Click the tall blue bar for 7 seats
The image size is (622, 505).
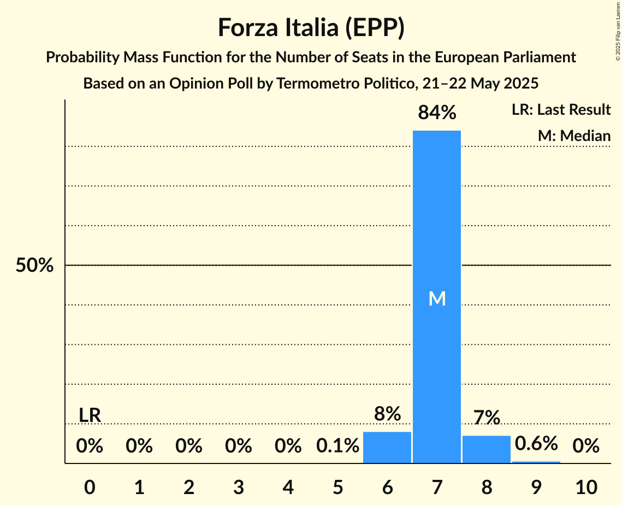point(436,219)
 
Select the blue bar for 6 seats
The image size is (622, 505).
point(387,448)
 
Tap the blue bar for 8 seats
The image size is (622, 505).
point(486,449)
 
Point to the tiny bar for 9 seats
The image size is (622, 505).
point(536,462)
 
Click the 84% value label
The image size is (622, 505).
point(436,113)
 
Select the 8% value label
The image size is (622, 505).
point(387,414)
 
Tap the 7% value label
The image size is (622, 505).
point(486,418)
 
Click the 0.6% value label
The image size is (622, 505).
point(536,443)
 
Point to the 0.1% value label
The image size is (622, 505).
point(337,447)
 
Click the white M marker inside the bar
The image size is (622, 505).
point(437,298)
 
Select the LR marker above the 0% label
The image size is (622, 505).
point(90,415)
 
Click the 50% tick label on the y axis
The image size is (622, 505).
point(34,266)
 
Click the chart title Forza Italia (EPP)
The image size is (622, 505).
point(311,27)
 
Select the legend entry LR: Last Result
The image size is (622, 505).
point(561,110)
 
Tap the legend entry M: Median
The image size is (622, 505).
point(574,136)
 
